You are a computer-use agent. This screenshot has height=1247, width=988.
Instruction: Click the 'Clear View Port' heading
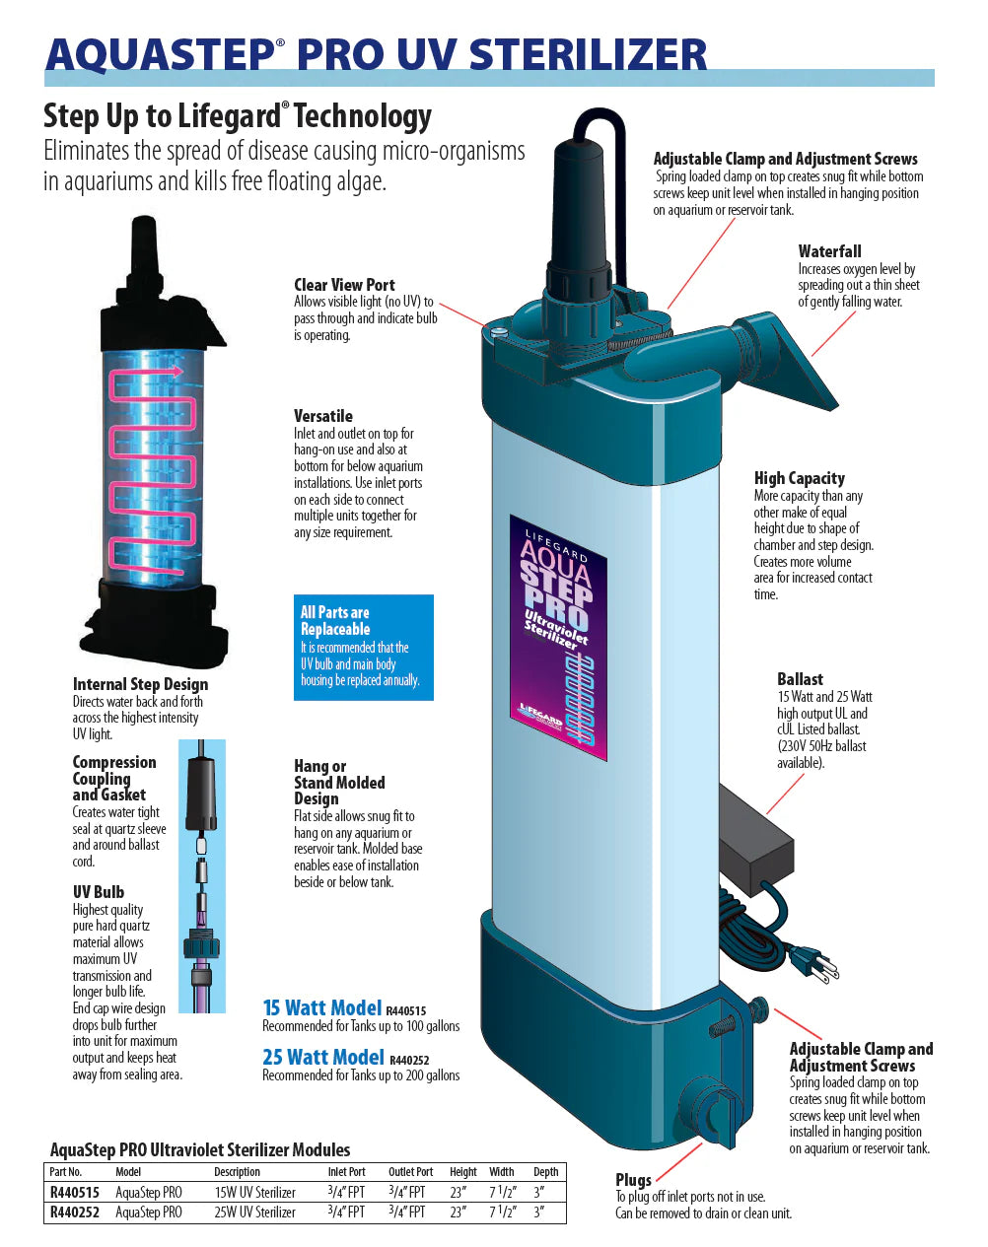tap(344, 285)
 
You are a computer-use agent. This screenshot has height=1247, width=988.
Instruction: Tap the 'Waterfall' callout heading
tap(829, 251)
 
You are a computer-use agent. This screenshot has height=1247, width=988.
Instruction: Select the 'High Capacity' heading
tap(799, 478)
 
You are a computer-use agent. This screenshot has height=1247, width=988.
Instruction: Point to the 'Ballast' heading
tap(800, 678)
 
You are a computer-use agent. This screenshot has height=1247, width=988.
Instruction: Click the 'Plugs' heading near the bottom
tap(633, 1179)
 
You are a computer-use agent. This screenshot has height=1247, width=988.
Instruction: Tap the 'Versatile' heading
tap(323, 416)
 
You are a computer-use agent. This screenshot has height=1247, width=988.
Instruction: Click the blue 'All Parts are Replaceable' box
tap(364, 648)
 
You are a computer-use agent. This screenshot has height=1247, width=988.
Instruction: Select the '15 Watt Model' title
tap(321, 1007)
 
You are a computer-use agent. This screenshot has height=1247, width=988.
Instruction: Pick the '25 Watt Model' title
tap(323, 1057)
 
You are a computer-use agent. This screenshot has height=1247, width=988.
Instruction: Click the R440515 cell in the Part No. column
tap(74, 1192)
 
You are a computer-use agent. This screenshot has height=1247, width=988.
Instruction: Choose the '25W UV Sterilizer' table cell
tap(254, 1212)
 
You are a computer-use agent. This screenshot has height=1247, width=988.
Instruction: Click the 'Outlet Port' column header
tap(410, 1172)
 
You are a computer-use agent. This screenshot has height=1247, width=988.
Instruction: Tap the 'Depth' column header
tap(545, 1172)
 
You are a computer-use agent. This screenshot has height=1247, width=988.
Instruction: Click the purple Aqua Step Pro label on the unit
tap(558, 638)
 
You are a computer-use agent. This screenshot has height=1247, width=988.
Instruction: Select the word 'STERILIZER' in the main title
tap(588, 54)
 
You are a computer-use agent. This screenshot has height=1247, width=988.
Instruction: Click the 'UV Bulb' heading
tap(98, 892)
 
